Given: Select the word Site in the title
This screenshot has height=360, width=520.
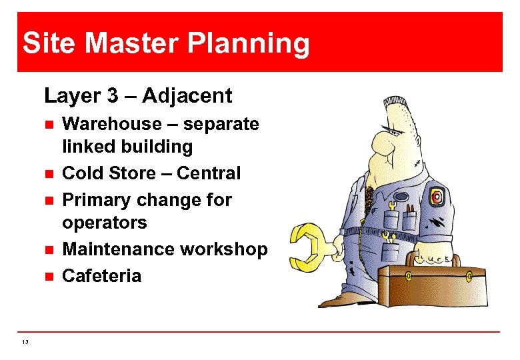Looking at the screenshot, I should [49, 44].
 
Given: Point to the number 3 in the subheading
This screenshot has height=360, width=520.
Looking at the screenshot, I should [112, 96].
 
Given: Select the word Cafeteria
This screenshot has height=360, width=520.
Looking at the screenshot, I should [101, 276].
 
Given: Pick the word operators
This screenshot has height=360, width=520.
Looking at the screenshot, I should [104, 222].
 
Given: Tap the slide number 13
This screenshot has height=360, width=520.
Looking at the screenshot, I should [25, 342].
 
